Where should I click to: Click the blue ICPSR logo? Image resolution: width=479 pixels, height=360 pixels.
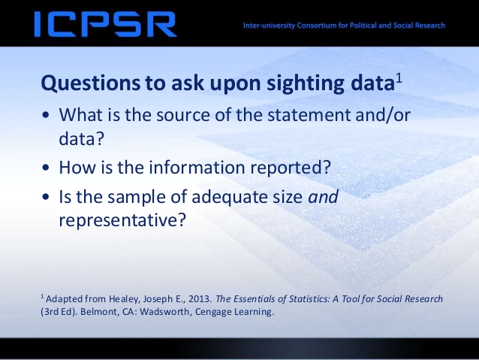105,24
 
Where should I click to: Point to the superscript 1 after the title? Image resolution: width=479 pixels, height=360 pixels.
399,79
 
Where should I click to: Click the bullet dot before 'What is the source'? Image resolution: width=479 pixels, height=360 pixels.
46,116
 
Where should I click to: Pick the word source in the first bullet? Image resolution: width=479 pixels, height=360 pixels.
182,115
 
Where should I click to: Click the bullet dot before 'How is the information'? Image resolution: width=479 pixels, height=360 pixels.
46,168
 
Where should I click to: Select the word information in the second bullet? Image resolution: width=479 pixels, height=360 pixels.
197,168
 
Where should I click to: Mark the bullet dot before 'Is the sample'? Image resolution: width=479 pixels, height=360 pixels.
46,197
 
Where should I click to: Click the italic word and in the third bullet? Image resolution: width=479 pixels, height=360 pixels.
323,196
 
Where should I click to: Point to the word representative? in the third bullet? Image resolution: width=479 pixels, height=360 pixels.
122,220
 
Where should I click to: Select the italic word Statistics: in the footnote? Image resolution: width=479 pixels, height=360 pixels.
309,298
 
